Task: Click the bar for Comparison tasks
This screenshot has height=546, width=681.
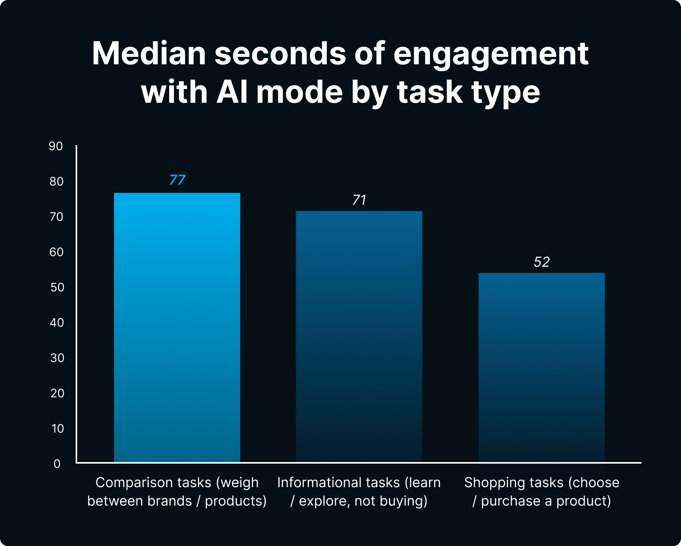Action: coord(177,328)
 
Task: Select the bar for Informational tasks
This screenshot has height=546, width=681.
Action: coord(359,337)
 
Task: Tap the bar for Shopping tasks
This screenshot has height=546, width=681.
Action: coord(542,368)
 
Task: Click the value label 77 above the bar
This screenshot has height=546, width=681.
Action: coord(177,180)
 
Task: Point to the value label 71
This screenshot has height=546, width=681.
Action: coord(359,200)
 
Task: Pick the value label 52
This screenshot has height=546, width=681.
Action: coord(542,262)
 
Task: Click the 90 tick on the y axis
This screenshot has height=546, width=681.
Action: coord(56,146)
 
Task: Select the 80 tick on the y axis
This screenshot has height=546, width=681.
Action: coord(56,182)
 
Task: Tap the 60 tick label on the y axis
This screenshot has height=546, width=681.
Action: coord(56,252)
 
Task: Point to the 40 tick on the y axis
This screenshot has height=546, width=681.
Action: coord(57,323)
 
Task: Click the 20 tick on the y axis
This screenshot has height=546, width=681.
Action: coord(57,393)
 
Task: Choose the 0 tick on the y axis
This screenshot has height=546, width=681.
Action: coord(57,464)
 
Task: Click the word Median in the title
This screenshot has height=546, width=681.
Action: coord(149,54)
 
